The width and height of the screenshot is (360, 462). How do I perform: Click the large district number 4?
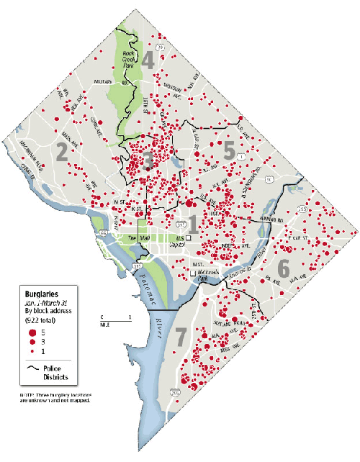pos(148,60)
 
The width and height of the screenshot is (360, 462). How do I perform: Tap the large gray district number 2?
pos(62,151)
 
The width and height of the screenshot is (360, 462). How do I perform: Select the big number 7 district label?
pos(180,335)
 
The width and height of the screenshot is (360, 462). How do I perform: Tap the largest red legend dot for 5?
pos(32,332)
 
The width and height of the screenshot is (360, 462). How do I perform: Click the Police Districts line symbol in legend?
pos(31,368)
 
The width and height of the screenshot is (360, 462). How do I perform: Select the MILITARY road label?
pos(107,83)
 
